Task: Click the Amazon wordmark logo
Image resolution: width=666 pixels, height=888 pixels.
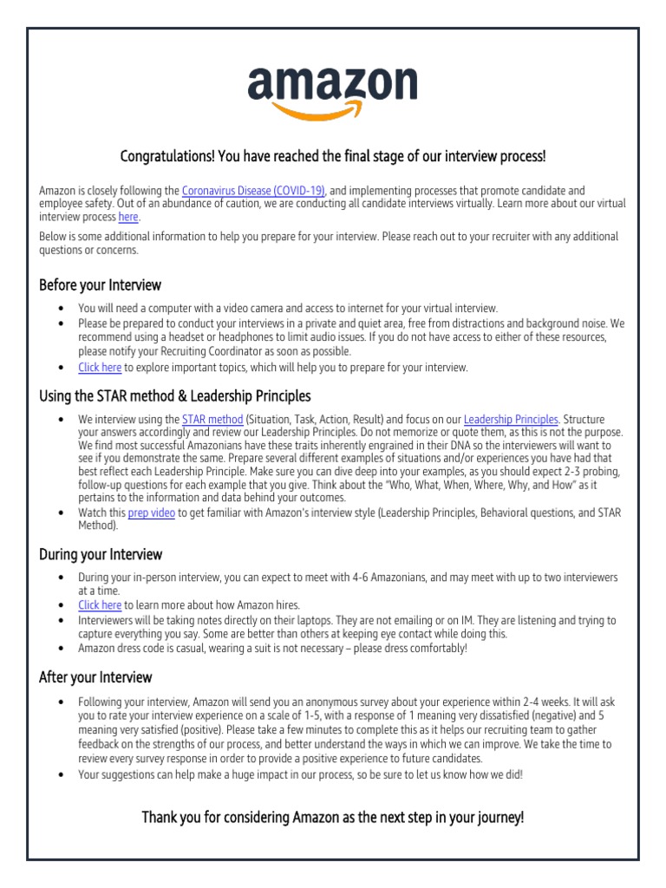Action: [332, 85]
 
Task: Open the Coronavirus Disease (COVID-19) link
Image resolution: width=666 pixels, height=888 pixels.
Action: [253, 190]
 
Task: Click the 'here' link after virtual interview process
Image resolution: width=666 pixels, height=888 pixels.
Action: [128, 217]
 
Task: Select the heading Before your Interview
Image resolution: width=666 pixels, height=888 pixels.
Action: [101, 284]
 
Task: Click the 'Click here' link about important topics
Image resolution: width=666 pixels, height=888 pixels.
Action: [100, 367]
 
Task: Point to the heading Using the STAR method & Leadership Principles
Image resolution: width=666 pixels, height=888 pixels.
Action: [175, 396]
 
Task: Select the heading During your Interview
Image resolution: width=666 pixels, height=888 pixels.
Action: [101, 554]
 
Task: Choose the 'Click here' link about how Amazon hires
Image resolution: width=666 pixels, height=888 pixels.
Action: [100, 604]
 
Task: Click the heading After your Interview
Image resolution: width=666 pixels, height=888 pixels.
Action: [95, 677]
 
